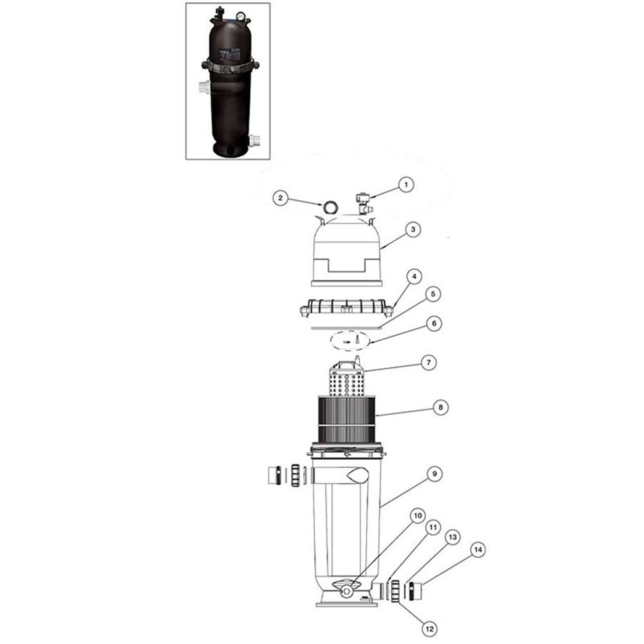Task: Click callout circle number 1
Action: tap(406, 185)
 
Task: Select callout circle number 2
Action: tap(281, 198)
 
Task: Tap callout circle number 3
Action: tap(413, 229)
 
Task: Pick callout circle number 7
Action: tap(429, 363)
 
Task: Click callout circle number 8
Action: tap(441, 407)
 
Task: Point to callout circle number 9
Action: tap(435, 474)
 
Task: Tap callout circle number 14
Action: tap(478, 550)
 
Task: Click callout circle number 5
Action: tap(433, 294)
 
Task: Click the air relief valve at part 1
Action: tap(362, 204)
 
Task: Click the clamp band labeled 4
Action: tap(346, 309)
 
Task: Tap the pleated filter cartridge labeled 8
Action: tap(347, 417)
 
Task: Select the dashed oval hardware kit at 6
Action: tap(349, 341)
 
